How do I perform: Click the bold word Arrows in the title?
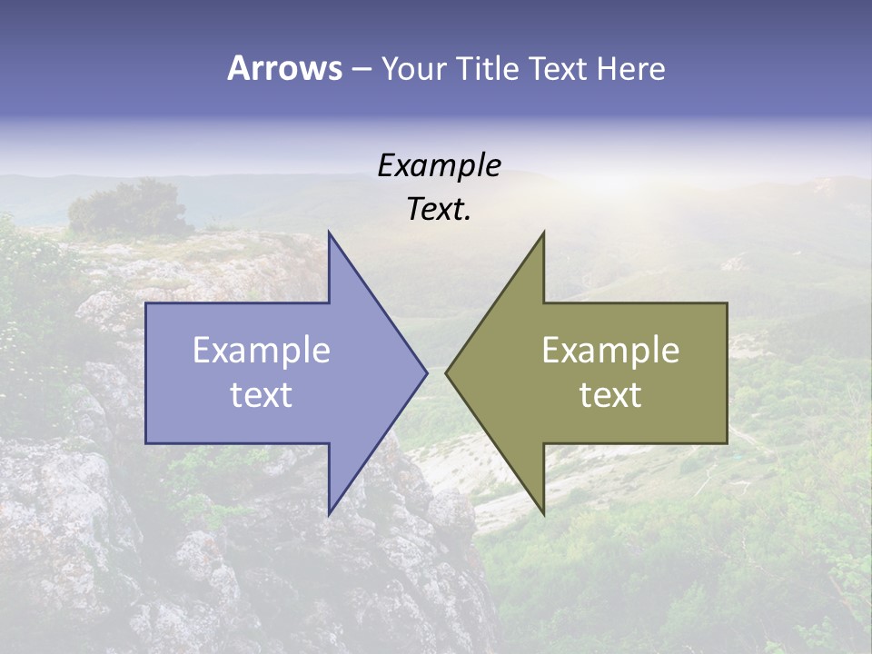click(284, 68)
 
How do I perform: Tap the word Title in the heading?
click(490, 69)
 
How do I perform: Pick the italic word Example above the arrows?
click(439, 166)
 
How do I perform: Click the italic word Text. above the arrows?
click(439, 210)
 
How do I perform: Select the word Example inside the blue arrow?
click(262, 351)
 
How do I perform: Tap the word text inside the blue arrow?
click(262, 394)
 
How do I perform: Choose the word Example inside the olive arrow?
click(610, 351)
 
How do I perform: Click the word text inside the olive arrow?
click(610, 394)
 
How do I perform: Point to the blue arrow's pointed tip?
click(426, 372)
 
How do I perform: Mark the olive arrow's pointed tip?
click(446, 372)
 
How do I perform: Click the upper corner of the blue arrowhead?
click(329, 233)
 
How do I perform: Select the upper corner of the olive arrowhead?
click(543, 233)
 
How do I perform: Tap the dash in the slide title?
click(361, 70)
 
